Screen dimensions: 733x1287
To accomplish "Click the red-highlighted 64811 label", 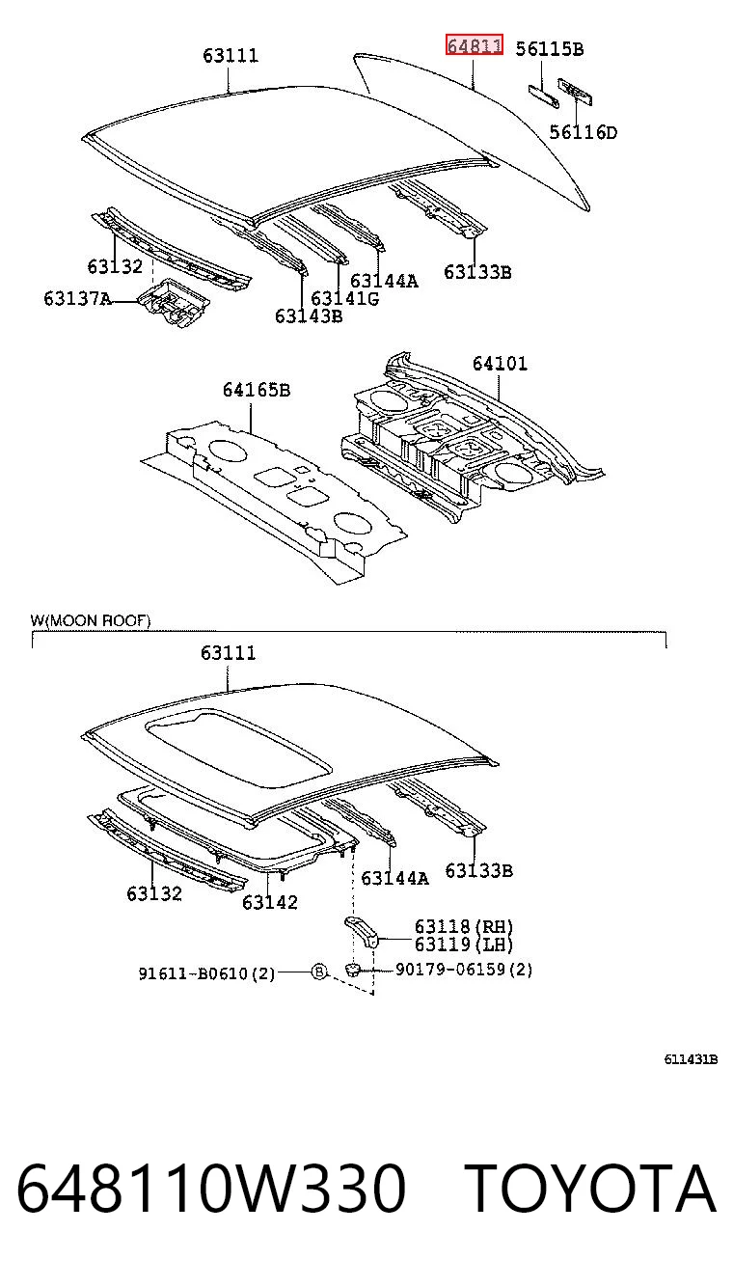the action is tap(474, 44).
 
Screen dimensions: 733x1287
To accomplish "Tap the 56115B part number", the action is tap(549, 49).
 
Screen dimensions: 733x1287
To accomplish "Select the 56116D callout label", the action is tap(584, 133).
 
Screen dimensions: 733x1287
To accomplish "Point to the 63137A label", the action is tap(77, 299).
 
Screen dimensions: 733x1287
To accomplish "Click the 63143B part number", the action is tap(309, 316).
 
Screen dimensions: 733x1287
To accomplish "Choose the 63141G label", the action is tap(344, 299).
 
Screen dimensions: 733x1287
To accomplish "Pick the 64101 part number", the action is tap(500, 363).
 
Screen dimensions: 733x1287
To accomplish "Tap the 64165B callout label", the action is tap(257, 390).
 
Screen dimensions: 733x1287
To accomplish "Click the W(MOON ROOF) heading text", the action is tap(91, 620).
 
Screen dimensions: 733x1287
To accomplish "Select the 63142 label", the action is tap(269, 903).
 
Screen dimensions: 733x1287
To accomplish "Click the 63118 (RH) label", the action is tap(464, 926).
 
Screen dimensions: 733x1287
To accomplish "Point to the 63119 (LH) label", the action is tap(464, 944).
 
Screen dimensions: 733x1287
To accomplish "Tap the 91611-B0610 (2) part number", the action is tap(206, 973).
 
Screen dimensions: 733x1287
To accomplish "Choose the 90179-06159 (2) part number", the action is tap(464, 970).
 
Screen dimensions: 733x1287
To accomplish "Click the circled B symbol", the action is tap(319, 972).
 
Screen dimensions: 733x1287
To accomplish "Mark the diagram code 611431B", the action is tap(691, 1059).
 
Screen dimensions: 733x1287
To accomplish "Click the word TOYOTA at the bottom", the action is tap(590, 1187).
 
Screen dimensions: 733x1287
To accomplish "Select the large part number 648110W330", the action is tap(211, 1187).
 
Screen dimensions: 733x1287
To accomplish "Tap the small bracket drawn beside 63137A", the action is tap(173, 302).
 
